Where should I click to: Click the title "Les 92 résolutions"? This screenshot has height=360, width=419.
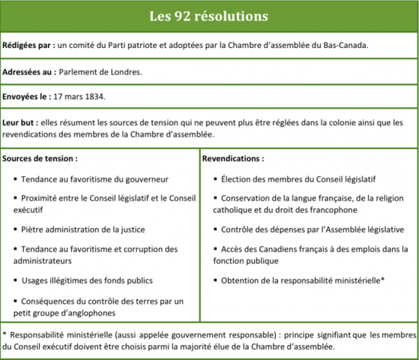pos(208,15)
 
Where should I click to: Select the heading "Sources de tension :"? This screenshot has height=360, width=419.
pos(40,159)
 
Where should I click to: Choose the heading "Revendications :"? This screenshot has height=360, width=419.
pos(233,159)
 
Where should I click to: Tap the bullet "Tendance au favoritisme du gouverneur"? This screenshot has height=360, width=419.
pos(94,179)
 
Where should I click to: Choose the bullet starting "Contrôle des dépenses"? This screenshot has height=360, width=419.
pos(308,229)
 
